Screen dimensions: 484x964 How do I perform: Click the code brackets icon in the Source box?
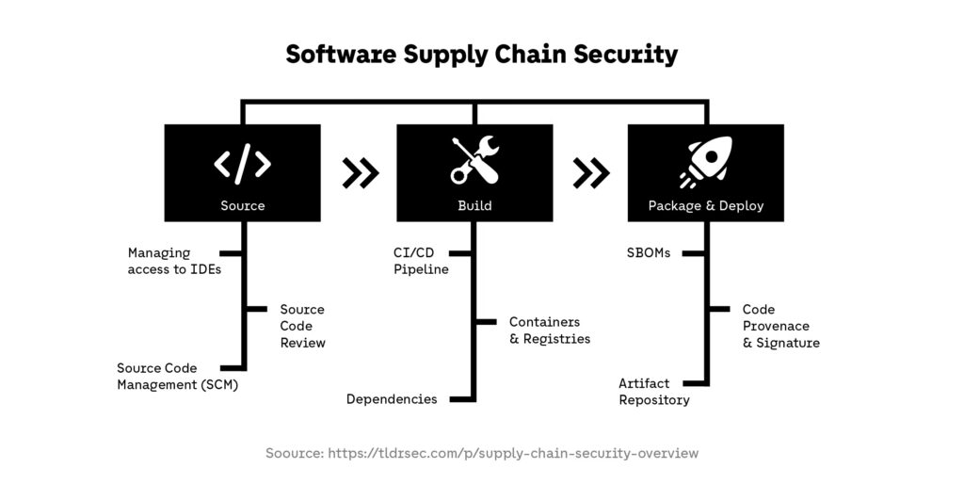click(x=242, y=163)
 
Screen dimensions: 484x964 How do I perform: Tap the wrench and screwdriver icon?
click(x=474, y=161)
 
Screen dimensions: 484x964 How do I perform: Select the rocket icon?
click(x=705, y=162)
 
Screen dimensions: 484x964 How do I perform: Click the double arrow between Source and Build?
click(x=361, y=172)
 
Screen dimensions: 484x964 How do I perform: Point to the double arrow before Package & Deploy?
click(x=591, y=172)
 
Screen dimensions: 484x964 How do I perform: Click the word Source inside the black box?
click(x=242, y=205)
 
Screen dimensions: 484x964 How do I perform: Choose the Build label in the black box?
click(x=474, y=205)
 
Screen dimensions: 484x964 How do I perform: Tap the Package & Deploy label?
click(x=706, y=205)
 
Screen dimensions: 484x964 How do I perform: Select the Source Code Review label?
click(x=302, y=326)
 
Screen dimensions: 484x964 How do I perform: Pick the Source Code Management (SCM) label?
click(x=177, y=376)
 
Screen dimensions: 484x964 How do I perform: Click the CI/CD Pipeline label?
click(x=421, y=261)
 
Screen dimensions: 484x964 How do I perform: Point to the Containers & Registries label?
click(x=549, y=331)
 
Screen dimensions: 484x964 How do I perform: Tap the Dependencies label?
click(x=392, y=399)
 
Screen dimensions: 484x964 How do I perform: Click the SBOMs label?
click(x=649, y=252)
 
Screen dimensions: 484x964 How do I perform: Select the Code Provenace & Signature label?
click(x=780, y=326)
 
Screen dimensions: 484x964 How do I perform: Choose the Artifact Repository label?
click(x=653, y=392)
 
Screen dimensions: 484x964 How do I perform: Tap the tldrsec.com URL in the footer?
click(x=513, y=453)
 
